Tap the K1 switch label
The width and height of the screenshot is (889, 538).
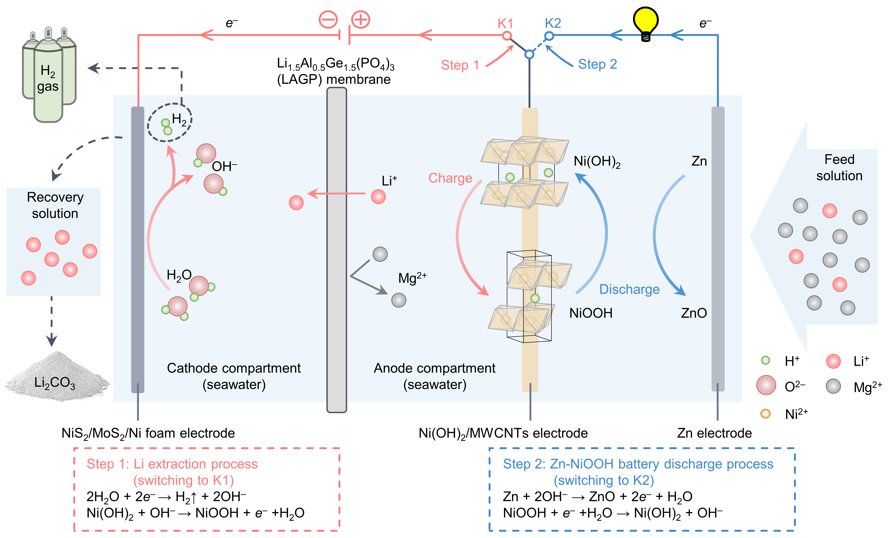pos(505,23)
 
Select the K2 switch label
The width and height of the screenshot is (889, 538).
pos(553,23)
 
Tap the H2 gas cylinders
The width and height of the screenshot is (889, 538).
pos(49,75)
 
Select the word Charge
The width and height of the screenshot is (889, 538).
pos(450,178)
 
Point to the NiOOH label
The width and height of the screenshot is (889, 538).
pos(591,313)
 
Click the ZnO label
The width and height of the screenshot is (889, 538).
pos(694,313)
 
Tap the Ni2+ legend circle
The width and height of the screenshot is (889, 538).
pos(765,414)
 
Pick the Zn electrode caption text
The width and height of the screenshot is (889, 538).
pos(714,433)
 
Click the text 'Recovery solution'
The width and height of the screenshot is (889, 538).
pos(55,205)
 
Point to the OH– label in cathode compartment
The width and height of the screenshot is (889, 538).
pos(224,166)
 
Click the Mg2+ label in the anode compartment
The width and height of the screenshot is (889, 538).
pos(412,278)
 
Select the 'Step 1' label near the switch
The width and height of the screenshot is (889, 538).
pos(460,65)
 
